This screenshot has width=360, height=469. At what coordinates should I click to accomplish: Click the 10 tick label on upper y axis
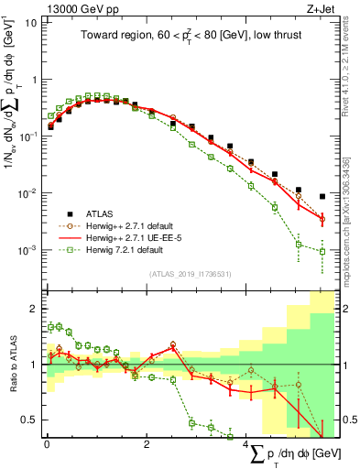pos(31,22)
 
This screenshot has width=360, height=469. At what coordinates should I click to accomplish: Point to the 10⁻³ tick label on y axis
pos(27,249)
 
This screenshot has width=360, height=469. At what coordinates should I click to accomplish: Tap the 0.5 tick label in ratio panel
pos(30,420)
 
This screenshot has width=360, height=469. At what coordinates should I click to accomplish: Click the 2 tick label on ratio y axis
pos(35,309)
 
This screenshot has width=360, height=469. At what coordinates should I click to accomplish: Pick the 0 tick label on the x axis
pos(47,444)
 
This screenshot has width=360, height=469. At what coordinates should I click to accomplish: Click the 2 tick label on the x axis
pos(147,444)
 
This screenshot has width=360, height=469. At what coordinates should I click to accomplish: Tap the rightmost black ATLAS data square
pos(322,196)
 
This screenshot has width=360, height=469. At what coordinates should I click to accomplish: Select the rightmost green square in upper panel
pos(322,251)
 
